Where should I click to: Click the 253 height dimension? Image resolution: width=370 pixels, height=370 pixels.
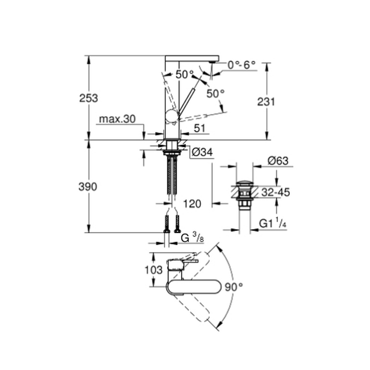pyautogui.click(x=88, y=98)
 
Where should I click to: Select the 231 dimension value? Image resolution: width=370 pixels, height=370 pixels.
pyautogui.click(x=266, y=102)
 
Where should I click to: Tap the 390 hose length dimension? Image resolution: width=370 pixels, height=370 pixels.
pyautogui.click(x=88, y=187)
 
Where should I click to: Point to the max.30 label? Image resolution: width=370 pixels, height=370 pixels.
pyautogui.click(x=117, y=119)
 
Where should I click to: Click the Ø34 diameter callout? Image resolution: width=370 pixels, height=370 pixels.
pyautogui.click(x=202, y=152)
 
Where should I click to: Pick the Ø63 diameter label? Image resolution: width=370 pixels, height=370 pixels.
pyautogui.click(x=278, y=161)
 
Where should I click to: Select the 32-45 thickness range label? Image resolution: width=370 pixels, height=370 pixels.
pyautogui.click(x=276, y=192)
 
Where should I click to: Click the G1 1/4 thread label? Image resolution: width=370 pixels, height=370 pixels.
pyautogui.click(x=273, y=223)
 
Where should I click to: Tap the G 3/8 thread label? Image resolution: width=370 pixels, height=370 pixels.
pyautogui.click(x=192, y=238)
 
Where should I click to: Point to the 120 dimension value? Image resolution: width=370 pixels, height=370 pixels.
pyautogui.click(x=192, y=204)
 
